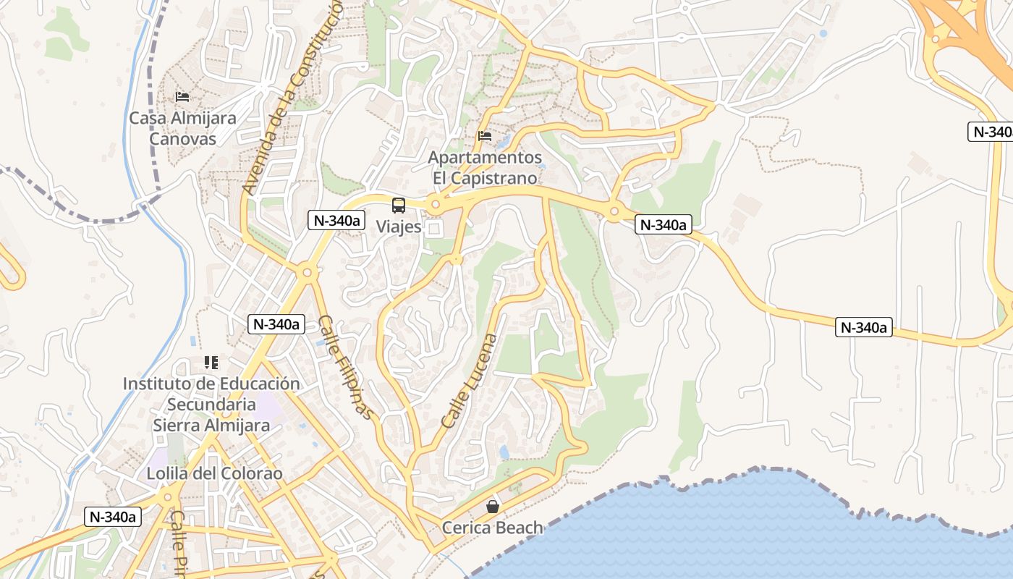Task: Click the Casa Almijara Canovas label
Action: (182, 128)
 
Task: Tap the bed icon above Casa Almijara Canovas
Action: (182, 96)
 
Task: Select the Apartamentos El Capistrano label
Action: (485, 167)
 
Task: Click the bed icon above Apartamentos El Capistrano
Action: (484, 135)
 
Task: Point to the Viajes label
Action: (398, 227)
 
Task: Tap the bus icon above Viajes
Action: (399, 205)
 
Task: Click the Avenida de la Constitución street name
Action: (293, 98)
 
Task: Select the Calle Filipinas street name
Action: (347, 367)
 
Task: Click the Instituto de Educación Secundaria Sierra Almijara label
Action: (211, 404)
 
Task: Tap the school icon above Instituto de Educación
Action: (211, 362)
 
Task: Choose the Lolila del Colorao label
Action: (214, 474)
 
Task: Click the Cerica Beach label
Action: (492, 528)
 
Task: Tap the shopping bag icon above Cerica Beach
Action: (493, 507)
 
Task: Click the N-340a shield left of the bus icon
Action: (335, 220)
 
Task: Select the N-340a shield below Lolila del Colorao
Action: (112, 517)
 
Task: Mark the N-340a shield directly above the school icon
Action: (276, 324)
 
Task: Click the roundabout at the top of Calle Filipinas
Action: (307, 273)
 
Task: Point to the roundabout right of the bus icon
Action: (435, 205)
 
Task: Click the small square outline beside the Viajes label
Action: (434, 229)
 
